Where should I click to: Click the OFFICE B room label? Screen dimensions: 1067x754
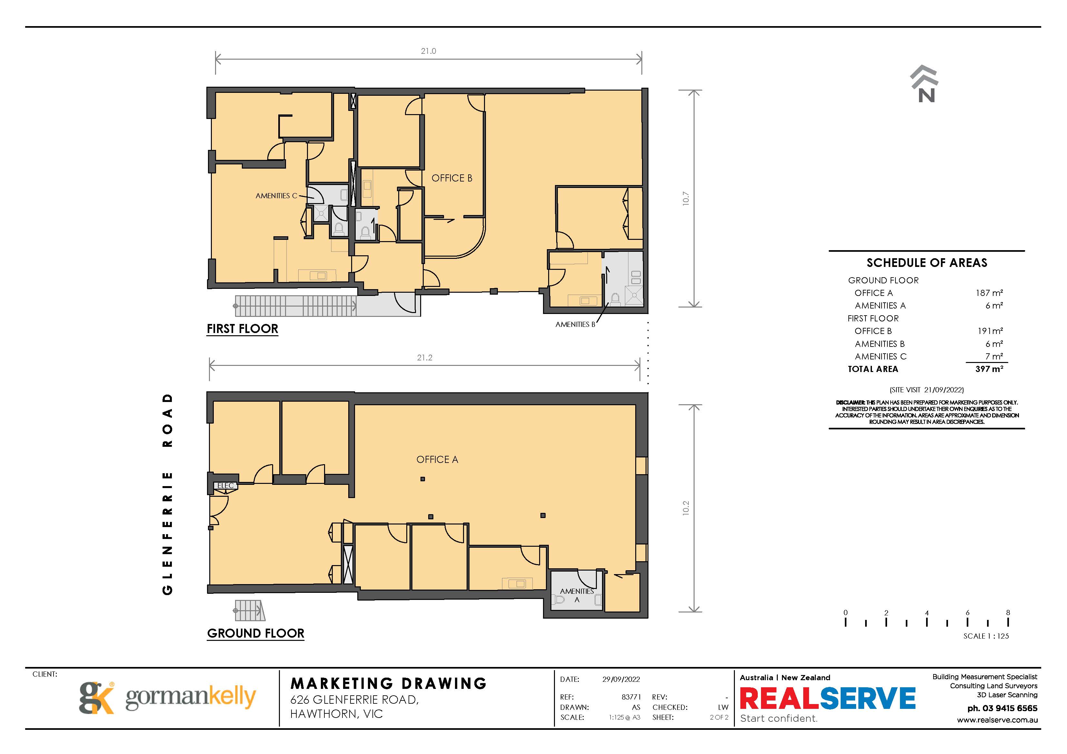point(452,178)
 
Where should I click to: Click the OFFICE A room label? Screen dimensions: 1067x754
point(437,459)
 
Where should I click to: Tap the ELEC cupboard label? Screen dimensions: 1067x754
point(225,485)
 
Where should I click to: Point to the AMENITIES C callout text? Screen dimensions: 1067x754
point(276,196)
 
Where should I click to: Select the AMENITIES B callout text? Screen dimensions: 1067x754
point(575,324)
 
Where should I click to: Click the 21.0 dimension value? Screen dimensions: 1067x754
point(429,51)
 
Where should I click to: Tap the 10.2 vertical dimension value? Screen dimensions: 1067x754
point(686,508)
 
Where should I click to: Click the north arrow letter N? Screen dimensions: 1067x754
point(926,95)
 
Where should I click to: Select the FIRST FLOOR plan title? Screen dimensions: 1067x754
point(242,328)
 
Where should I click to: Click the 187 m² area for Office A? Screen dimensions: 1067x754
point(989,293)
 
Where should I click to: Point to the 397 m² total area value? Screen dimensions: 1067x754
point(989,369)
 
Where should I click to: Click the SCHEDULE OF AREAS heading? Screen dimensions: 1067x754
point(927,263)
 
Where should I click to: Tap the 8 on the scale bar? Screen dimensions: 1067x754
point(1008,612)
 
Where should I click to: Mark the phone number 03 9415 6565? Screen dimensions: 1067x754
point(1009,708)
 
